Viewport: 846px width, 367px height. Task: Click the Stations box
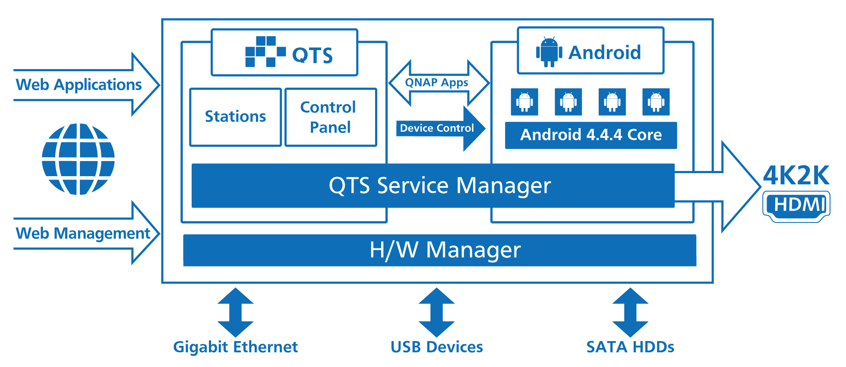pyautogui.click(x=235, y=117)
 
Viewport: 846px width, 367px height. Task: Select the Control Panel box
pyautogui.click(x=331, y=117)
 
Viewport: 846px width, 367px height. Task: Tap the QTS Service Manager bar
pyautogui.click(x=433, y=186)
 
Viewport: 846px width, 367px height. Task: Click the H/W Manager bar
pyautogui.click(x=439, y=250)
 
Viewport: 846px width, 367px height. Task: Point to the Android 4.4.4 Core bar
pyautogui.click(x=590, y=135)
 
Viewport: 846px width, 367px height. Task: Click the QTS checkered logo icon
pyautogui.click(x=265, y=52)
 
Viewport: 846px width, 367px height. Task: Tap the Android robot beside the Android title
pyautogui.click(x=549, y=52)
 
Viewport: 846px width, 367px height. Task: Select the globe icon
pyautogui.click(x=78, y=159)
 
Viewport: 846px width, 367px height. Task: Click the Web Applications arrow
pyautogui.click(x=86, y=85)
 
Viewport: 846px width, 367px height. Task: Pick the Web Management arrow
pyautogui.click(x=86, y=233)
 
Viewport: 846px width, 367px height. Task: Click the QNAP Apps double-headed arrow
pyautogui.click(x=439, y=83)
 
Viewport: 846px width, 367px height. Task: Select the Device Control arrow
pyautogui.click(x=440, y=128)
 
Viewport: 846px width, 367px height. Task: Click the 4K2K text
pyautogui.click(x=796, y=175)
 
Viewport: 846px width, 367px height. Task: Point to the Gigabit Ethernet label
pyautogui.click(x=235, y=347)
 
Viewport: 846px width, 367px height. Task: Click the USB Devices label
pyautogui.click(x=436, y=347)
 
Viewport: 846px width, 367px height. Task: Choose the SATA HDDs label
pyautogui.click(x=630, y=347)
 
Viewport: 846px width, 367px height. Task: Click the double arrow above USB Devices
pyautogui.click(x=436, y=312)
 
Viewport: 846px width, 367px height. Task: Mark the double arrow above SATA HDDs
pyautogui.click(x=630, y=312)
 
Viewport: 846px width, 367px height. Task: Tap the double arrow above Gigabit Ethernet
pyautogui.click(x=235, y=312)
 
